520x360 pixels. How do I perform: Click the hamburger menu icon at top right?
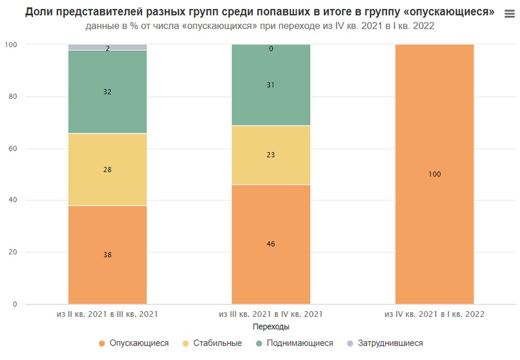510,15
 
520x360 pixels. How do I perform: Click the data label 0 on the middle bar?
271,49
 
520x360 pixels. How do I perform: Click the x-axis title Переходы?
271,327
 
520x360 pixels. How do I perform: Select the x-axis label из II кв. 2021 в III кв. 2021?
107,314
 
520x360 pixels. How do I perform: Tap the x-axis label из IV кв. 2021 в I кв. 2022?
434,314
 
